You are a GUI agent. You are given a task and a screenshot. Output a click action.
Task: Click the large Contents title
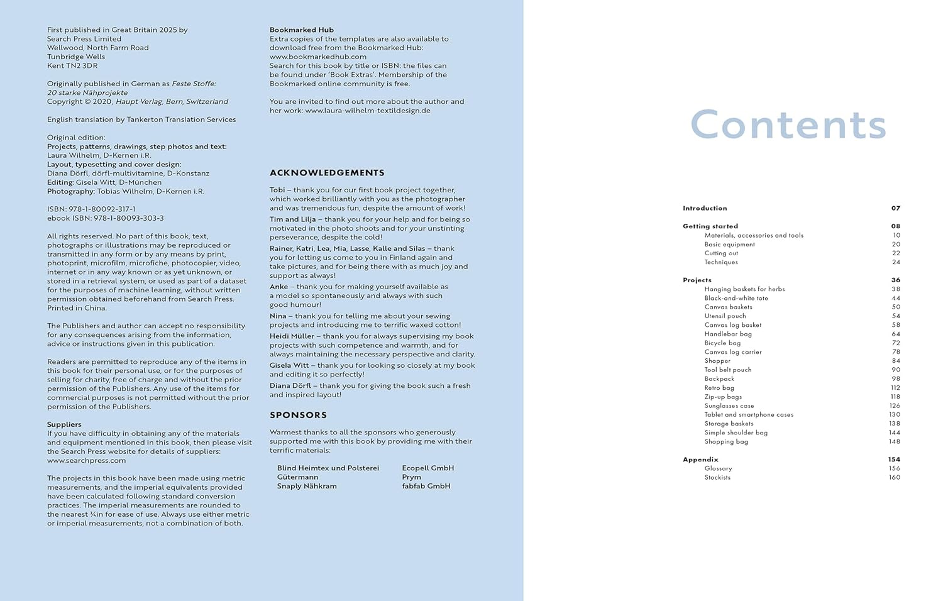tap(788, 124)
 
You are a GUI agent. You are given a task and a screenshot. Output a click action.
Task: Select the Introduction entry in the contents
tap(705, 208)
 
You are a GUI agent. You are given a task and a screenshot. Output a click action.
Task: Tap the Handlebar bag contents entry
tap(727, 334)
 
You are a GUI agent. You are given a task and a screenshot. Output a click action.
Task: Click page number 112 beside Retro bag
tap(895, 388)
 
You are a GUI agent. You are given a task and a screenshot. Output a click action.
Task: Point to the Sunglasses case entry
tap(729, 405)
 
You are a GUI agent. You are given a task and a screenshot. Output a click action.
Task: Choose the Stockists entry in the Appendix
tap(717, 477)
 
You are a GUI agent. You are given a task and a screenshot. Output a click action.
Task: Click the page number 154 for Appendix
tap(894, 460)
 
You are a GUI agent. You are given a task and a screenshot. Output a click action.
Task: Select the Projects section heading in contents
tap(697, 280)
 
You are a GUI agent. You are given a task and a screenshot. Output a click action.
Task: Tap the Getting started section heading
tap(710, 226)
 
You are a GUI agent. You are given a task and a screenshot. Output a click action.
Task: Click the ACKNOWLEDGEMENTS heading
tap(327, 173)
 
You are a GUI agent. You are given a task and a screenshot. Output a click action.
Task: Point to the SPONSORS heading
tap(298, 415)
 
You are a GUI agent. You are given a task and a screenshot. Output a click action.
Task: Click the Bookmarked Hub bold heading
tap(302, 30)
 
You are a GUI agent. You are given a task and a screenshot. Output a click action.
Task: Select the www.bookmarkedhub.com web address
tap(318, 57)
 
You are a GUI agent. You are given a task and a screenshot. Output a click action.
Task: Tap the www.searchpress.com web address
tap(86, 460)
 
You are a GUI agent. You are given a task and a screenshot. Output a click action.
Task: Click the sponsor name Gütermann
tap(297, 477)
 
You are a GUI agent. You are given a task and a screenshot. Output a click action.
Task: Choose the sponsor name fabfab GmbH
tap(426, 486)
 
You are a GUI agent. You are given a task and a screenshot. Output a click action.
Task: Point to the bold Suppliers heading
tap(64, 424)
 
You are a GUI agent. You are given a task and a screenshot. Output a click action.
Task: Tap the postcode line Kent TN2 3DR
tap(72, 65)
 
